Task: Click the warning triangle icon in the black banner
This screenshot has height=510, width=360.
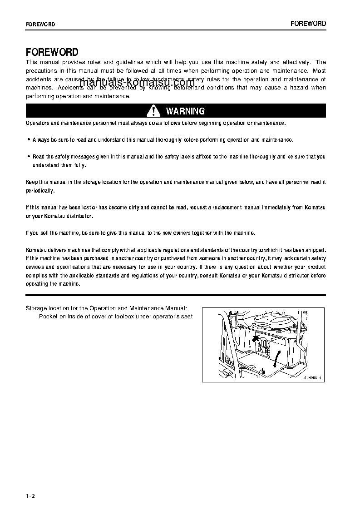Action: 154,111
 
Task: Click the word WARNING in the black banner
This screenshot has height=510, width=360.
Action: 185,111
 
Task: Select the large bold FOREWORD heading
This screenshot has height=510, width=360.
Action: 52,52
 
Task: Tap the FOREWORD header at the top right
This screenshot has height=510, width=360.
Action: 308,24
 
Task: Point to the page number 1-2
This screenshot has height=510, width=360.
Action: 30,496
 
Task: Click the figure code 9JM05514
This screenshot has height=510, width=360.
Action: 312,377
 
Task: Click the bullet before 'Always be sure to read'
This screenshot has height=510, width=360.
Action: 29,140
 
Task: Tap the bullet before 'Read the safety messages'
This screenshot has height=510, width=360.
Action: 29,157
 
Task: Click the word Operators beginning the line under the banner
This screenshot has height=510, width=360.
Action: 37,123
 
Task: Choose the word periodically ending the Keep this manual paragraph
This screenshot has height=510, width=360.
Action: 40,191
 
